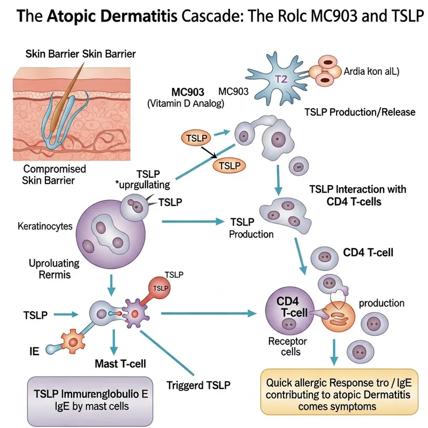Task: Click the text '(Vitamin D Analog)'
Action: click(x=185, y=104)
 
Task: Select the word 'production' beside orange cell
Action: click(x=381, y=303)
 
